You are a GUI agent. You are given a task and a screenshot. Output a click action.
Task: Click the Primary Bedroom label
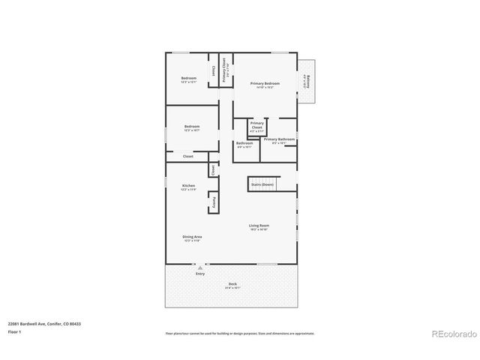tap(266, 83)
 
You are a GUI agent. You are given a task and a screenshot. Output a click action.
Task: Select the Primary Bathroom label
tap(279, 139)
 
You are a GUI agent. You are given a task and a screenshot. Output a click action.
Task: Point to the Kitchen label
tap(188, 185)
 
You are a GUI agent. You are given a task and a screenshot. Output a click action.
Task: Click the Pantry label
tap(214, 201)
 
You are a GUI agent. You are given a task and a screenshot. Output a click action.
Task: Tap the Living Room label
tap(259, 225)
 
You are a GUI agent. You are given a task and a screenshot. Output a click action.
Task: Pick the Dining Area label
tap(192, 236)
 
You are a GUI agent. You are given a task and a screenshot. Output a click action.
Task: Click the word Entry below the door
tap(200, 274)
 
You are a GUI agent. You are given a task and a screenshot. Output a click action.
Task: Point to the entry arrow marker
tap(200, 268)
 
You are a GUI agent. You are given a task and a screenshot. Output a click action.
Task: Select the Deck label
tap(232, 283)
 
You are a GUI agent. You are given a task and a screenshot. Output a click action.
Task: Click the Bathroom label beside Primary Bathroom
tap(244, 142)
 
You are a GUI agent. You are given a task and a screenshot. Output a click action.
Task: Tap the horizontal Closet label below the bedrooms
tap(188, 156)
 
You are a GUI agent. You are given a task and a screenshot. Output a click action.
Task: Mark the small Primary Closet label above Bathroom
tap(256, 124)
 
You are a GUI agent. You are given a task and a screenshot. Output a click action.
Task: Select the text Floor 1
tap(15, 331)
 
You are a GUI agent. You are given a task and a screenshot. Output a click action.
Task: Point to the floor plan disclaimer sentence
tap(240, 333)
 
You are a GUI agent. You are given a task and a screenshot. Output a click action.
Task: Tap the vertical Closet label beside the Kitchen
tap(214, 171)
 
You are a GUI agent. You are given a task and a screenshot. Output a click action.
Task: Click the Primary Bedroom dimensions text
tap(266, 88)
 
